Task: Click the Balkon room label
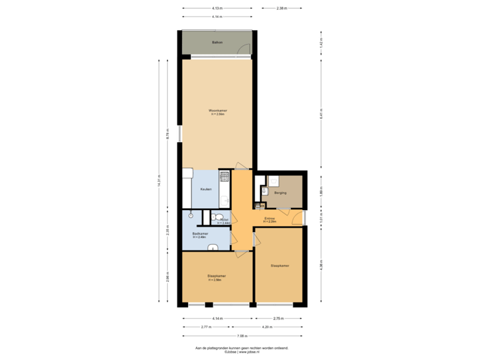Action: (217, 43)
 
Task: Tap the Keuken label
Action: (205, 189)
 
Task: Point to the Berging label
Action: (281, 193)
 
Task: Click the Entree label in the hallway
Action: (269, 219)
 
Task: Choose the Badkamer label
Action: (201, 234)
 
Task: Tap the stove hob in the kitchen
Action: (225, 177)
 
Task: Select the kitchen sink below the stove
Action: (225, 199)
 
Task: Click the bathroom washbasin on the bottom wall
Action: (213, 247)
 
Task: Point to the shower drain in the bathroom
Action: (191, 215)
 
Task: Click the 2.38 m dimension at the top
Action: (281, 8)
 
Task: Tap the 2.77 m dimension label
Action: (207, 327)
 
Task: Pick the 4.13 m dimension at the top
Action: (217, 8)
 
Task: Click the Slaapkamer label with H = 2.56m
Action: (216, 277)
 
